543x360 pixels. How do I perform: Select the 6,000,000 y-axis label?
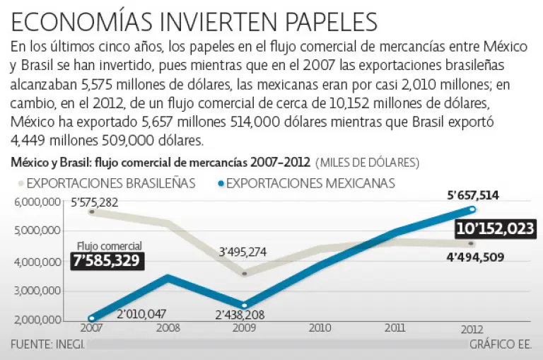click(x=36, y=202)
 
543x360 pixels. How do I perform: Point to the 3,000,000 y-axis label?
click(x=36, y=291)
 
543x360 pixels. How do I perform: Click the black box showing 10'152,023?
click(x=495, y=229)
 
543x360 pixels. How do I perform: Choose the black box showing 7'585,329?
click(x=107, y=261)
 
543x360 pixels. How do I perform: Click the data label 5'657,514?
click(x=472, y=196)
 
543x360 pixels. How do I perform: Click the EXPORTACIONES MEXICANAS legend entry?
click(x=307, y=183)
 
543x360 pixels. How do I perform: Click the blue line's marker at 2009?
click(x=245, y=306)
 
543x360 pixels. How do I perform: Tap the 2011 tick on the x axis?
click(x=395, y=329)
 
